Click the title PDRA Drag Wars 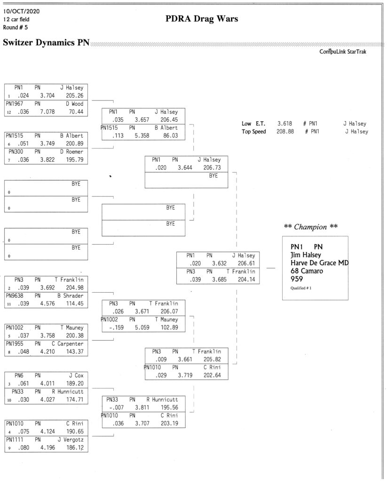202,19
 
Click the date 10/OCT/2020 21,11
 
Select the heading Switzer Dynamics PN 46,42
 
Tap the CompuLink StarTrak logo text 343,52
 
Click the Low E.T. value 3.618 284,124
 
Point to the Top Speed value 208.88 285,132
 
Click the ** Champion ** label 311,227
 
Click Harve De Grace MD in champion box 319,263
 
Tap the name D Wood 74,104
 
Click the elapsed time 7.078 47,112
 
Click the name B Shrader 71,296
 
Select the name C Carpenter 68,343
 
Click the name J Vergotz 71,440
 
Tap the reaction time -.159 117,327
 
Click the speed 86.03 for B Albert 171,136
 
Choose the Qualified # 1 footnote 301,288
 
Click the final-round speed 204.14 246,279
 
